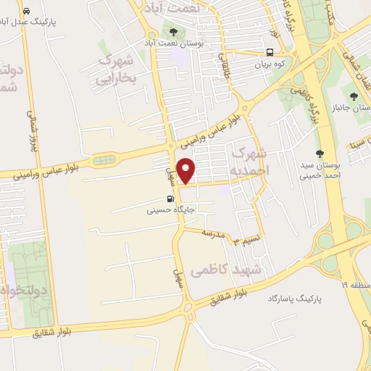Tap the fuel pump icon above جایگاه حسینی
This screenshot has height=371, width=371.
170,200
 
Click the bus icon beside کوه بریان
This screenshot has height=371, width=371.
270,52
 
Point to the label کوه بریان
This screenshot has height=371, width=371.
270,64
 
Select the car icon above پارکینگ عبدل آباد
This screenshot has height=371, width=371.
27,12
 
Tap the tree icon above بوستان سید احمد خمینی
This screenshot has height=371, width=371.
320,153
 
